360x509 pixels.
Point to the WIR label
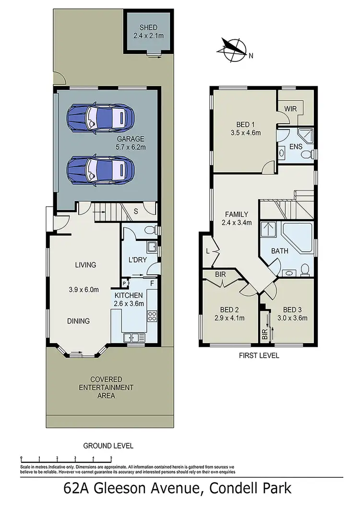pos(290,109)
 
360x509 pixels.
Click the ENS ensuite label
pos(295,146)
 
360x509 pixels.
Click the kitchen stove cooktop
pos(152,316)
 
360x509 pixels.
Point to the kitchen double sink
pos(131,337)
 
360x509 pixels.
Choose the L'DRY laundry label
pos(137,260)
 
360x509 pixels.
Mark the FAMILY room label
pos(235,214)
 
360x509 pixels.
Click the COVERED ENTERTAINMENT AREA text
pos(106,387)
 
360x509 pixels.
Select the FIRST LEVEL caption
pos(259,356)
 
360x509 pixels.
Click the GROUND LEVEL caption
pos(108,446)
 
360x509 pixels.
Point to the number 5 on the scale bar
pos(111,458)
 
